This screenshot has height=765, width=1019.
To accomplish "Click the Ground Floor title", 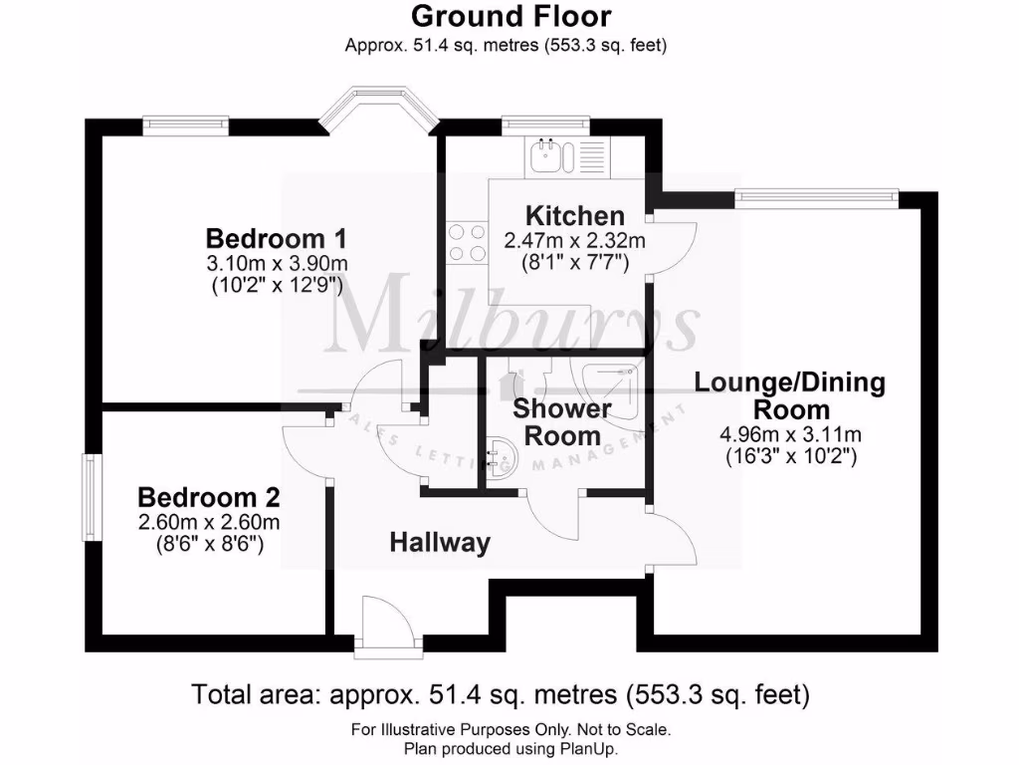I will pos(510,16).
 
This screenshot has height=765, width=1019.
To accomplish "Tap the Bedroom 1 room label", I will pos(276,239).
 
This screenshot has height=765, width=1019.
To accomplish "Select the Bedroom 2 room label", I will pos(208,497).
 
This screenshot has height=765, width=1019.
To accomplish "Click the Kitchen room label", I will pos(575,215).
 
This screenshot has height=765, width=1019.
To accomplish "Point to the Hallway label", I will pos(440,543).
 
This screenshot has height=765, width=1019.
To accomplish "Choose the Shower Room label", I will pos(562,422).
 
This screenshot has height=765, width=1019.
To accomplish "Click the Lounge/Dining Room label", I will pos(789,395).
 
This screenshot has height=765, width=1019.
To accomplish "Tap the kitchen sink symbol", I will pos(548,154).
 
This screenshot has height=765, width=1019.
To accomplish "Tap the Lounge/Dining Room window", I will pos(816,197).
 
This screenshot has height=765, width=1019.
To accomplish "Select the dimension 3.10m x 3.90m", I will pos(276,263).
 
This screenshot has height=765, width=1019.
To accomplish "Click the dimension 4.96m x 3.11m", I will pos(789,434).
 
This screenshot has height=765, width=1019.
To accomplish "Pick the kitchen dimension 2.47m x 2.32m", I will pos(575,240).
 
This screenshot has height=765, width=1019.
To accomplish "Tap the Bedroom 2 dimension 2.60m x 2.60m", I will pos(208,522).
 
